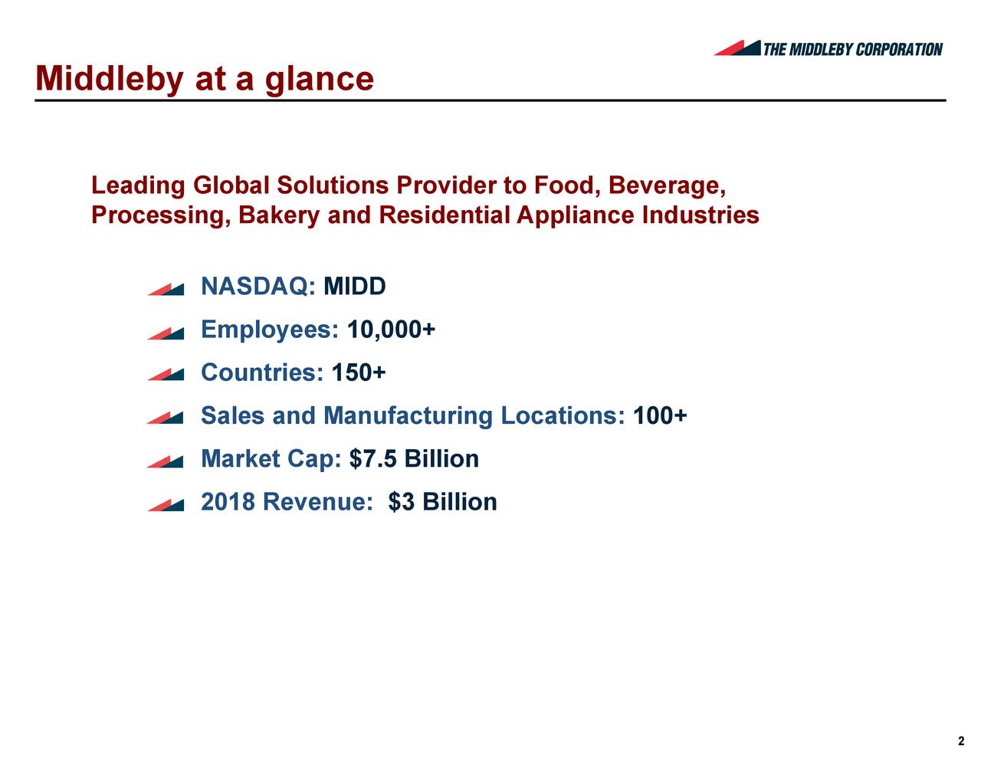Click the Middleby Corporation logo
[828, 48]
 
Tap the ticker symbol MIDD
[355, 287]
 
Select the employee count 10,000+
[392, 330]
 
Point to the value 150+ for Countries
[359, 373]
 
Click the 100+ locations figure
[660, 416]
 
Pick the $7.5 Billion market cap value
[414, 459]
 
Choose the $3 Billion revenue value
[442, 502]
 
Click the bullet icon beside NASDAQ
[166, 289]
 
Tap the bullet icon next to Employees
[166, 333]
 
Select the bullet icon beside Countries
[166, 375]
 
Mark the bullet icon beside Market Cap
[166, 461]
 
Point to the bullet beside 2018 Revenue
[166, 504]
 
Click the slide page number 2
[961, 741]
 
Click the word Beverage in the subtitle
[666, 186]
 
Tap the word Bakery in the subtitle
[279, 215]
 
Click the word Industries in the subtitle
[700, 215]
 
